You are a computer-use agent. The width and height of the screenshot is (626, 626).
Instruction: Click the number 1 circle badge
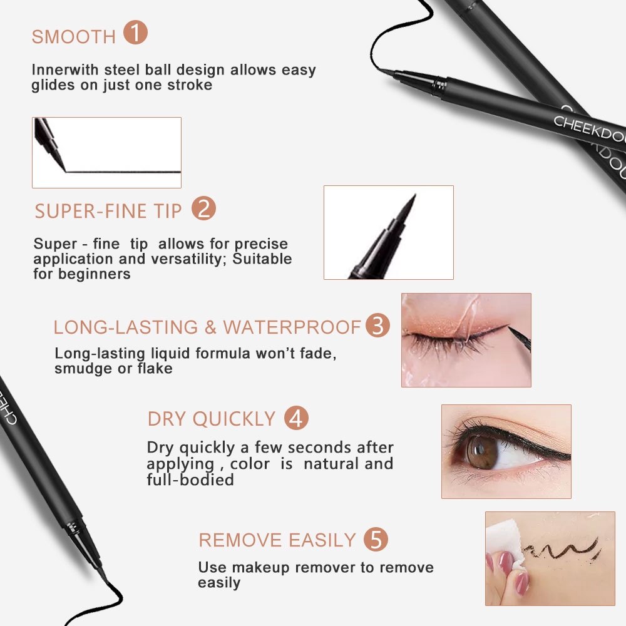pos(135,33)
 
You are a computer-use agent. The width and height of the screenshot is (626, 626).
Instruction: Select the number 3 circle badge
pos(377,326)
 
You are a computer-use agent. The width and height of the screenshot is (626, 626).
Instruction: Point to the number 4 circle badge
pos(296,418)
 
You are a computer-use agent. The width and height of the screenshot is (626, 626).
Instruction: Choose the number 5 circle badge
pos(376,539)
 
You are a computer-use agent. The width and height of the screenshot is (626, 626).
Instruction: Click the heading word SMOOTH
pos(74,36)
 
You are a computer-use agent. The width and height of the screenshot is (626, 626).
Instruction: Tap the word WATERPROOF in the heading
pos(292,327)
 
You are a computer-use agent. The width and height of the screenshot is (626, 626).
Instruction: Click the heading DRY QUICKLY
pos(212,419)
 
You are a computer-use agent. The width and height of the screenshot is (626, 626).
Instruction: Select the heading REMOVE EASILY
pos(277,540)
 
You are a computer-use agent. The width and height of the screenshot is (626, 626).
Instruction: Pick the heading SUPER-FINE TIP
pos(108,211)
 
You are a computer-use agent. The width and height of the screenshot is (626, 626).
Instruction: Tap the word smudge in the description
pos(80,368)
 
